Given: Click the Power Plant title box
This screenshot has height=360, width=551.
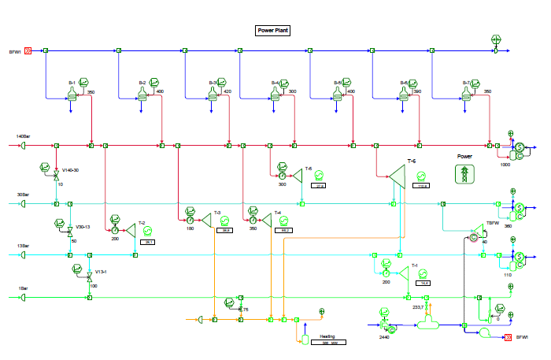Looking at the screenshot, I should pyautogui.click(x=275, y=31).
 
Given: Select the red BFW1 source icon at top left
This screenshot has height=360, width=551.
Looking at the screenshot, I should pyautogui.click(x=28, y=51).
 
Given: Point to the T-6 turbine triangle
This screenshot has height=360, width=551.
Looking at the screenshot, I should pyautogui.click(x=396, y=180).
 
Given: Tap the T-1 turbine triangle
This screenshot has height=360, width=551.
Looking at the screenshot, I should pyautogui.click(x=404, y=272).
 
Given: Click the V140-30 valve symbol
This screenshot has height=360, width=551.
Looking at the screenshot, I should pyautogui.click(x=56, y=178).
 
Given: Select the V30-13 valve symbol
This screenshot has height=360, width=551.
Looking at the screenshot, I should pyautogui.click(x=70, y=231).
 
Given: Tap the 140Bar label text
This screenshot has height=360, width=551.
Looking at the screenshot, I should pyautogui.click(x=23, y=137).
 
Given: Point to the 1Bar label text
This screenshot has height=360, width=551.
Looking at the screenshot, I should pyautogui.click(x=23, y=289).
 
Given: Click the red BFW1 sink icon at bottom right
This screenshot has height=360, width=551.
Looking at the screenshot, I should pyautogui.click(x=509, y=337).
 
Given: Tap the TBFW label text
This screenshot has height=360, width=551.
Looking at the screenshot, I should pyautogui.click(x=492, y=223).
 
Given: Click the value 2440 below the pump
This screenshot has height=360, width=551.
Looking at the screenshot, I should pyautogui.click(x=384, y=336).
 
